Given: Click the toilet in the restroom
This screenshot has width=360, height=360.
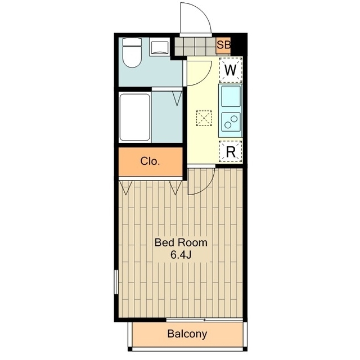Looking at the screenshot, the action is pyautogui.click(x=132, y=52).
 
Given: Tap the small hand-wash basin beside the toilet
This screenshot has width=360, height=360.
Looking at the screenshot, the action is pyautogui.click(x=159, y=47).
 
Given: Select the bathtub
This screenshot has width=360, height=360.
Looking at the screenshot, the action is pyautogui.click(x=135, y=117).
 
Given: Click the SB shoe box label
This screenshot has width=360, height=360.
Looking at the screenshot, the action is pyautogui.click(x=224, y=45).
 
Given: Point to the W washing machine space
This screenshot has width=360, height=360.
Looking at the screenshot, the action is pyautogui.click(x=231, y=70).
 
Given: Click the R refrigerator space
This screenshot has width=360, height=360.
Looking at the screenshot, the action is pyautogui.click(x=231, y=151).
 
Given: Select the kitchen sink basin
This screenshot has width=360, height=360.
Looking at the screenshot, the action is pyautogui.click(x=231, y=96).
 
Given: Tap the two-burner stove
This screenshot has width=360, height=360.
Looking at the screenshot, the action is pyautogui.click(x=231, y=122).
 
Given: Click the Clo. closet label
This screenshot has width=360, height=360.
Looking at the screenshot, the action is pyautogui.click(x=150, y=161).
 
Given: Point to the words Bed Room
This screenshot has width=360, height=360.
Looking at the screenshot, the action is pyautogui.click(x=181, y=242).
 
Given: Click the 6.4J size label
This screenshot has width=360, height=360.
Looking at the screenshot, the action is pyautogui.click(x=181, y=255).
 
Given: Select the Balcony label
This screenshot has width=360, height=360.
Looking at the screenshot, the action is pyautogui.click(x=187, y=334).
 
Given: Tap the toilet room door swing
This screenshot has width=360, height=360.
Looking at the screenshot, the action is pyautogui.click(x=205, y=78).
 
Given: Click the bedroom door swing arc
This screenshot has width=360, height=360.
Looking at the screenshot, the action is pyautogui.click(x=208, y=187).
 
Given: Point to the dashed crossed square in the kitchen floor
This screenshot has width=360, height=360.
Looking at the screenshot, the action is pyautogui.click(x=204, y=118).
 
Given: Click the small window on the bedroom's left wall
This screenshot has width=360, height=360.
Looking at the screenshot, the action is pyautogui.click(x=116, y=282).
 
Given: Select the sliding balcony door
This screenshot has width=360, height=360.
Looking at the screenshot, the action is pyautogui.click(x=204, y=319).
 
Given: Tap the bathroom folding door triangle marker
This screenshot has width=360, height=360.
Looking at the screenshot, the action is pyautogui.click(x=177, y=98).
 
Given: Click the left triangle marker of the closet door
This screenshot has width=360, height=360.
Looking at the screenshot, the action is pyautogui.click(x=125, y=187).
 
